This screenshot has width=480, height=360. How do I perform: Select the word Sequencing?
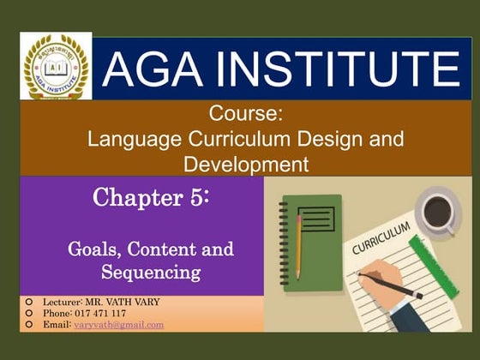coord(150,273)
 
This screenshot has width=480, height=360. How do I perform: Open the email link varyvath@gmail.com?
coord(118,326)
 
